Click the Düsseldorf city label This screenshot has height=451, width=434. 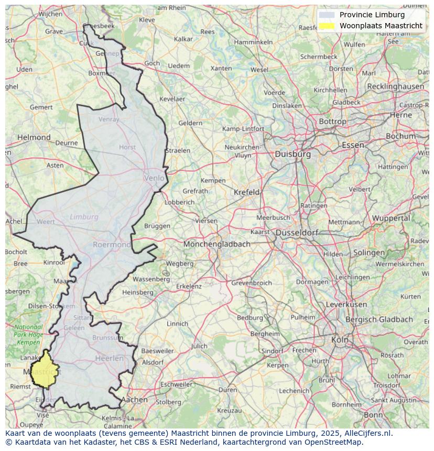pos(297,233)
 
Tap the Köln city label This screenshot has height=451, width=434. pos(340,340)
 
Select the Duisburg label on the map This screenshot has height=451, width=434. pos(292,155)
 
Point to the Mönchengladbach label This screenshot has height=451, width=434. pos(216,244)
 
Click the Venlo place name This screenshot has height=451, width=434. pos(154,178)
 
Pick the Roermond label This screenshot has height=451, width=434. pos(112,245)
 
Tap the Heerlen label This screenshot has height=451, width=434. pos(109,359)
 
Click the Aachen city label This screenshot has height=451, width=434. pos(134,400)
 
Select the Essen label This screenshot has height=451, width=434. pos(353,145)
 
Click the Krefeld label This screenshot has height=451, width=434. pos(246,192)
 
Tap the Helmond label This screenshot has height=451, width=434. pos(34,138)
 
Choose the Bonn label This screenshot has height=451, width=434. pos(373,415)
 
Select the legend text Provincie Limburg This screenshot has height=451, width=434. pos(372,15)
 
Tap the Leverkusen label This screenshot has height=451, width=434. pos(346,304)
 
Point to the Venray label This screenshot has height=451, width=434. pos(109,119)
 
